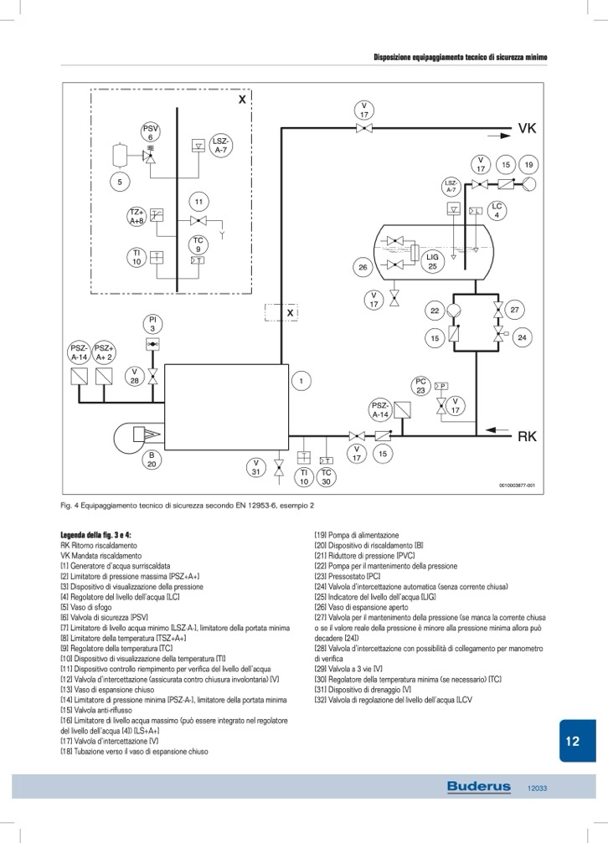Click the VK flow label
527,129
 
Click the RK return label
527,436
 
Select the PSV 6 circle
151,132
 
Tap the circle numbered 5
120,181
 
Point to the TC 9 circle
198,245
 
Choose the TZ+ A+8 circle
137,218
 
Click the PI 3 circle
152,324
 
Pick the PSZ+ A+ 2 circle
105,352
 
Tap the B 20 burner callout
152,460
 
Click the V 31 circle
257,467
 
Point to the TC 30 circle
327,477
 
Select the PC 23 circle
421,385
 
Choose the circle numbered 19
529,164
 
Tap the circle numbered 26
363,268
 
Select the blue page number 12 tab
572,742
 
